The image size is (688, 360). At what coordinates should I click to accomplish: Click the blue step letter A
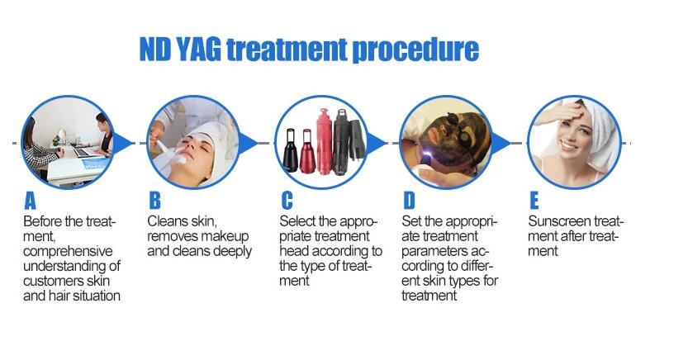(30, 201)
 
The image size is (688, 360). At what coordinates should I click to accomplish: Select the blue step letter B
(155, 201)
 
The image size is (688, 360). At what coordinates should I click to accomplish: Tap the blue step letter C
(287, 201)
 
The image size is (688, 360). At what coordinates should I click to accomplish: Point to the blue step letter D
(409, 201)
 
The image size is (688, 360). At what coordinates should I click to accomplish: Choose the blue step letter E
(534, 201)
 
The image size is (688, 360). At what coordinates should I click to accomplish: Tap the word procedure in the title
(415, 50)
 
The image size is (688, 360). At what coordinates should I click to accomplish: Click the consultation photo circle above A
(68, 142)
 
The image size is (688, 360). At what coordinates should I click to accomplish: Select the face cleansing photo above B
(193, 142)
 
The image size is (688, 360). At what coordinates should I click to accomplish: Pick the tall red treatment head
(325, 142)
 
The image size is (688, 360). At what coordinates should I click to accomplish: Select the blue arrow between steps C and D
(376, 143)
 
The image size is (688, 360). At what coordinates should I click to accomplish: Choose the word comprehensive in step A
(68, 252)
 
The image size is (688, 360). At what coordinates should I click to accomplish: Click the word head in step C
(292, 251)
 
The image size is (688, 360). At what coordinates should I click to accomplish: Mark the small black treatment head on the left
(290, 150)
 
